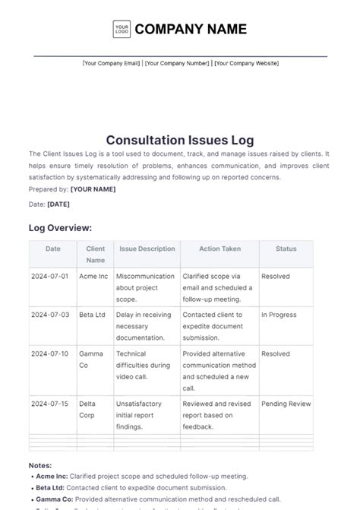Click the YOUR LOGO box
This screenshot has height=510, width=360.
[x=122, y=30]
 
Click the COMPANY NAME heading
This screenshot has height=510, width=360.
[x=191, y=30]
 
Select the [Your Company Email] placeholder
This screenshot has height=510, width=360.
[x=111, y=63]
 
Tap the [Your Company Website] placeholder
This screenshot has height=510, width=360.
[x=246, y=63]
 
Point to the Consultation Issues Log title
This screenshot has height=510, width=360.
[x=180, y=140]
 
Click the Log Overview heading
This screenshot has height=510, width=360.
[x=60, y=227]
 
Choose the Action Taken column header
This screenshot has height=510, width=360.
[x=219, y=249]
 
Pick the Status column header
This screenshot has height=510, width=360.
[x=286, y=249]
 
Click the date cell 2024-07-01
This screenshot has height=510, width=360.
[x=51, y=277]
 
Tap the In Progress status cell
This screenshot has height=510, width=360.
[x=279, y=314]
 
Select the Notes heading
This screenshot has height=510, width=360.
[x=40, y=465]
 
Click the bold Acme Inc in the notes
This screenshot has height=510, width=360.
[x=52, y=477]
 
